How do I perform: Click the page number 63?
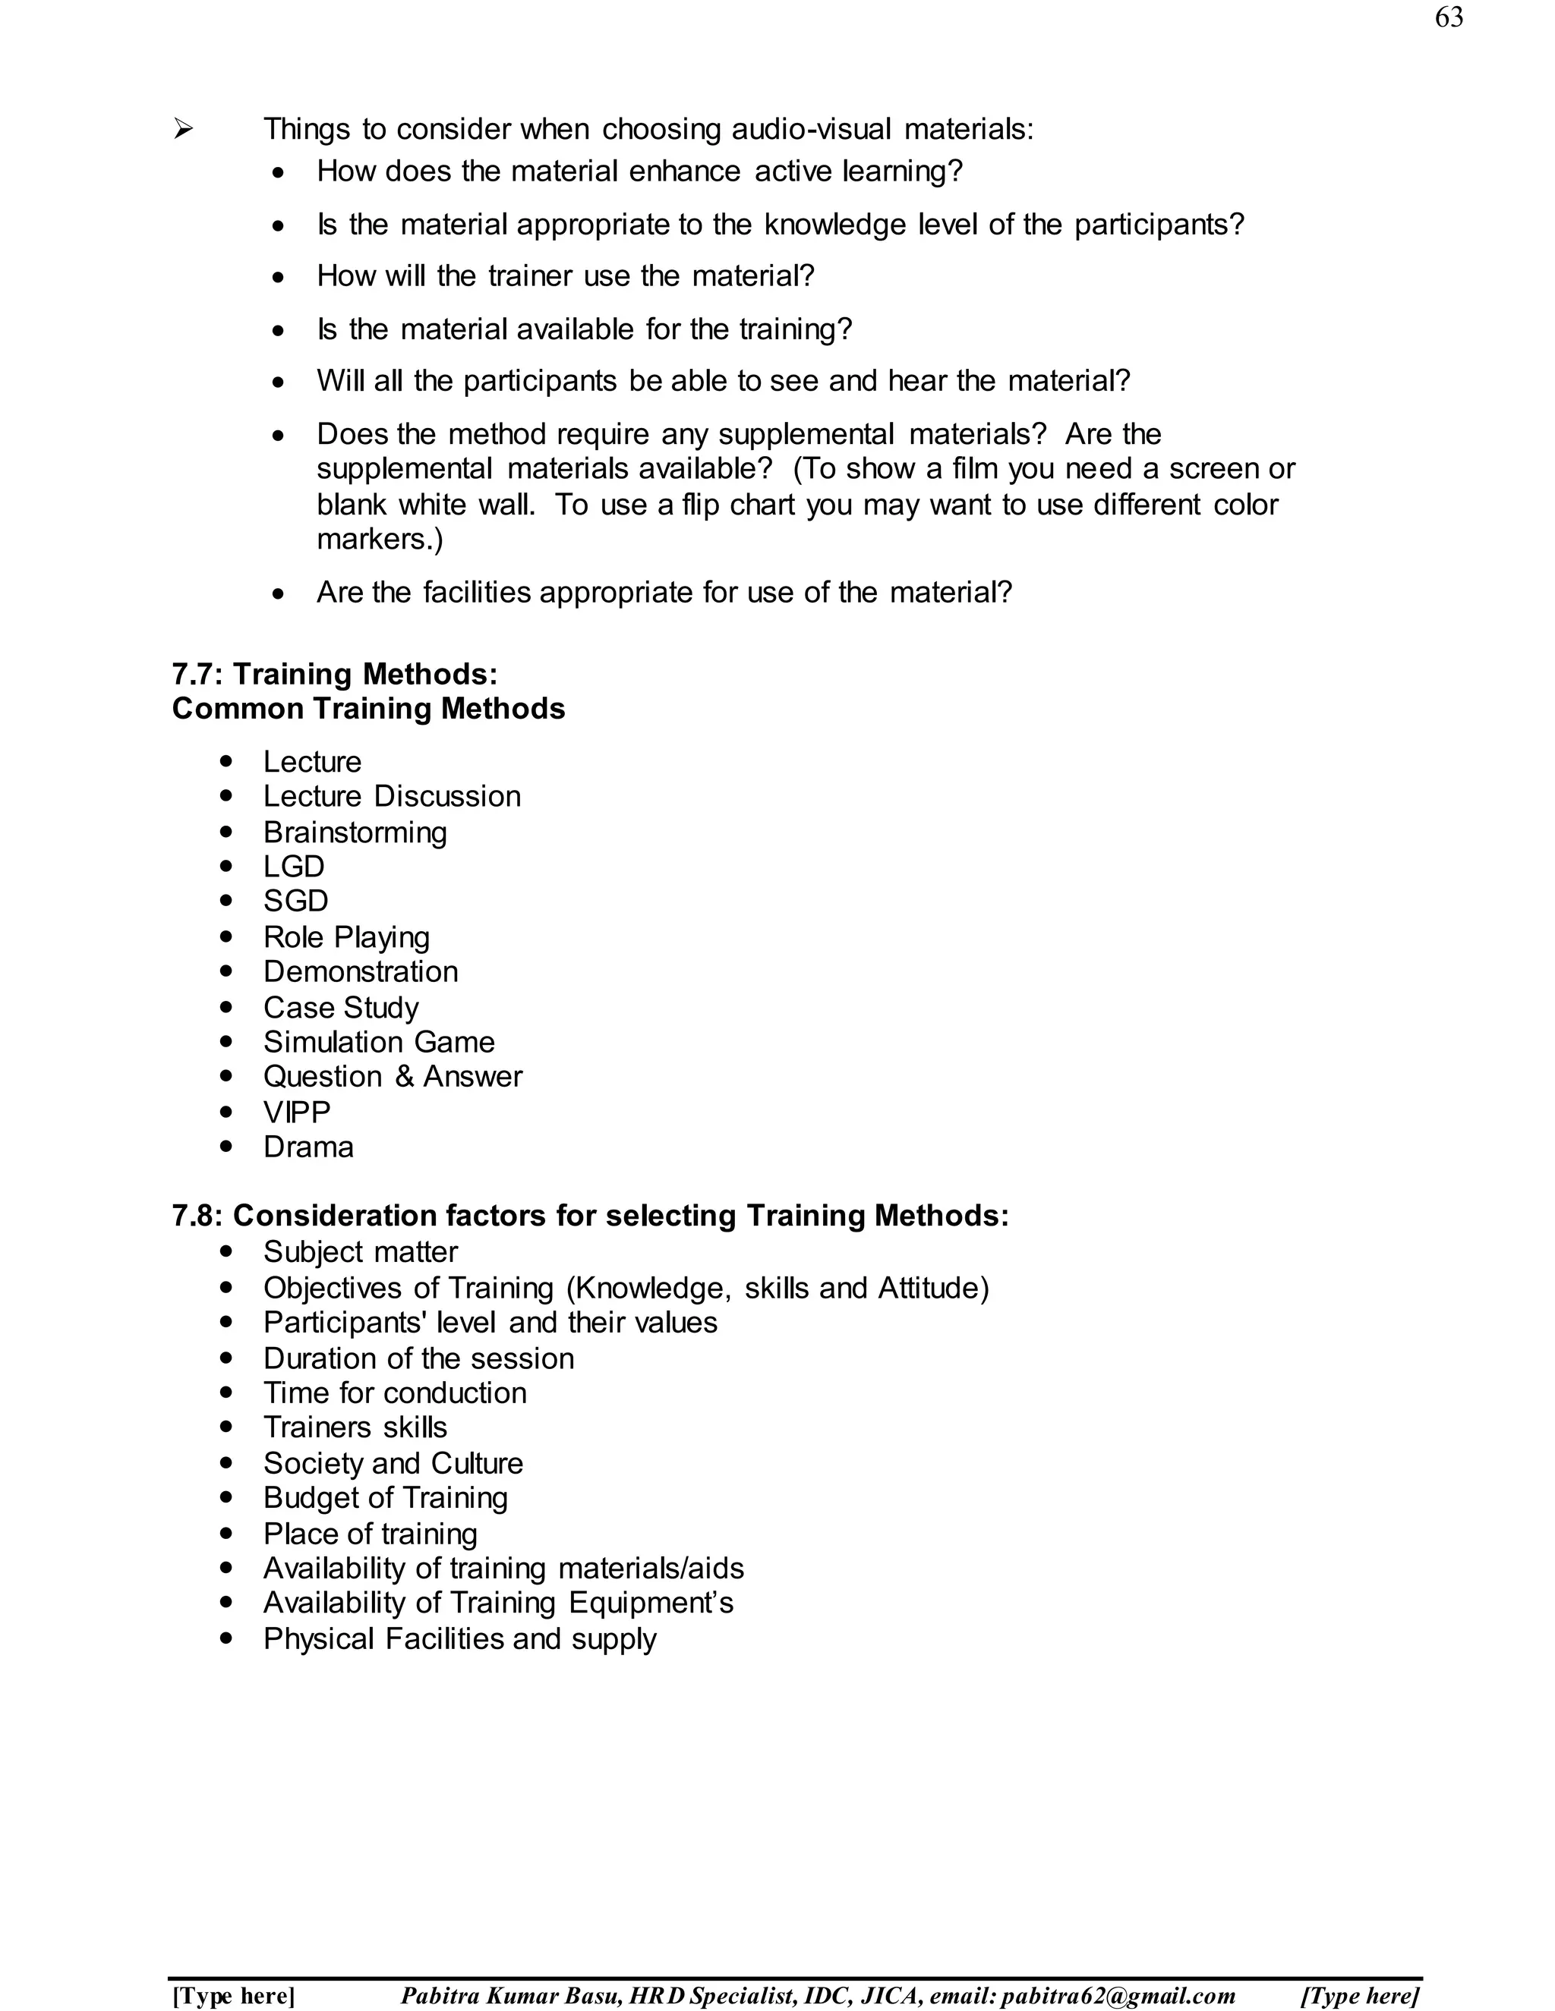(1448, 17)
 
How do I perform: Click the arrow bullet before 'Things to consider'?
(183, 130)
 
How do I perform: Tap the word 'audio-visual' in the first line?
(811, 129)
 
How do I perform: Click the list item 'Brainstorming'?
(355, 832)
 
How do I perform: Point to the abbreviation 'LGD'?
(294, 867)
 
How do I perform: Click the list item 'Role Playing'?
(346, 937)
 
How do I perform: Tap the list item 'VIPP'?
(297, 1113)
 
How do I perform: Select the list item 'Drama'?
(308, 1147)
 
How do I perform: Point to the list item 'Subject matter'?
(360, 1252)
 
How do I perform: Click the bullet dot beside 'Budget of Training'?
(226, 1498)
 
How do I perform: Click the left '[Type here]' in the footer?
(233, 1997)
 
